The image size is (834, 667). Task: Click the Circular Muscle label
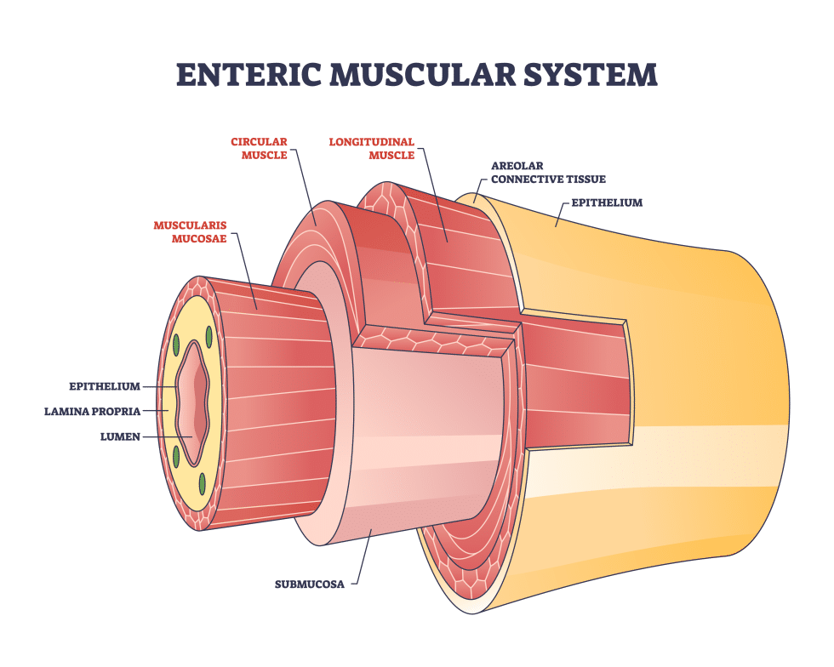(x=259, y=148)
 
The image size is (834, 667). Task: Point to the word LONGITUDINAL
(x=372, y=141)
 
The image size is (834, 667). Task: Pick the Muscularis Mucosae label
(x=191, y=232)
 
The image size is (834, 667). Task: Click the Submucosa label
(x=310, y=584)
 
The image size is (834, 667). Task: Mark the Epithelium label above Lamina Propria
(x=105, y=386)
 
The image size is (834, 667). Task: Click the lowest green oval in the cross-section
(x=203, y=483)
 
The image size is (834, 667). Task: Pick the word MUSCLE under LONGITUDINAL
(x=391, y=155)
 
